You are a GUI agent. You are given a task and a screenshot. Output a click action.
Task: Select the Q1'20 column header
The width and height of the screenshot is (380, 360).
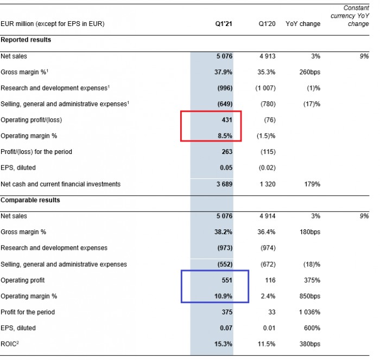(267, 24)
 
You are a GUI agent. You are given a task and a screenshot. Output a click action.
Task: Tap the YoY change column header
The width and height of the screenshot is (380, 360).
(303, 24)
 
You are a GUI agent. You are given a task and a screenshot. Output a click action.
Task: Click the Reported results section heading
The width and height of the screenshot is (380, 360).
(26, 40)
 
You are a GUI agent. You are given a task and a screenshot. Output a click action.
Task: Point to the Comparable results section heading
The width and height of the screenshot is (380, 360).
(30, 200)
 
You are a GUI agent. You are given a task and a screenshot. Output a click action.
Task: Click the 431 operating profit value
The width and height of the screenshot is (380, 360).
(226, 120)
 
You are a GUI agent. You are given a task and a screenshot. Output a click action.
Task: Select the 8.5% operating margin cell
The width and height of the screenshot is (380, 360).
(224, 136)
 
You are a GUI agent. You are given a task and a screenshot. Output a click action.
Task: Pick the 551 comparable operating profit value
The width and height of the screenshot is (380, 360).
(226, 280)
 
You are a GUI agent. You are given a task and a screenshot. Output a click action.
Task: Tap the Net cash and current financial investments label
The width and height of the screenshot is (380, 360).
(60, 184)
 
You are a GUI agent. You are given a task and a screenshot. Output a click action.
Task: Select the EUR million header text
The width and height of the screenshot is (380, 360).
(53, 24)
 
